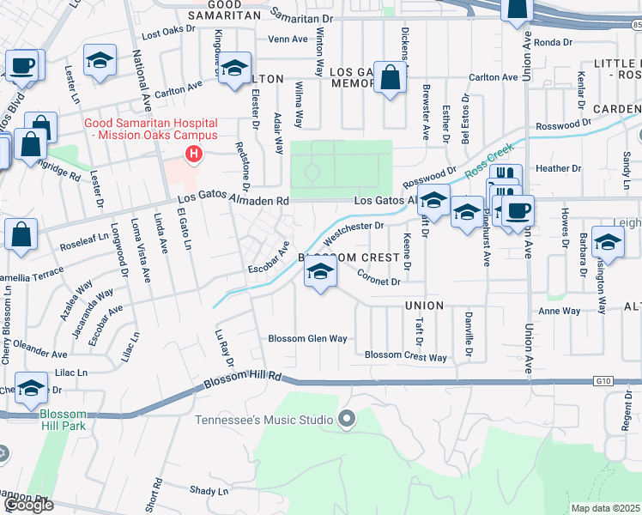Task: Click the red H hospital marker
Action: [x=195, y=154]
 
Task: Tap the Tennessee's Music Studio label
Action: [x=263, y=420]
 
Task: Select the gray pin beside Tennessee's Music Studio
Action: [x=347, y=419]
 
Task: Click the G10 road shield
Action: [x=603, y=380]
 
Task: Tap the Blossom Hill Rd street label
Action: [x=243, y=381]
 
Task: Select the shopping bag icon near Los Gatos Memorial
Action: [x=391, y=77]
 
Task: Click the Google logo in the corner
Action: [x=28, y=505]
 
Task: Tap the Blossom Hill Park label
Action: [x=63, y=420]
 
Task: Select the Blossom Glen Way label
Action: [x=307, y=338]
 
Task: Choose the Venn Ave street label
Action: [x=288, y=39]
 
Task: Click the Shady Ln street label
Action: [x=209, y=491]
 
